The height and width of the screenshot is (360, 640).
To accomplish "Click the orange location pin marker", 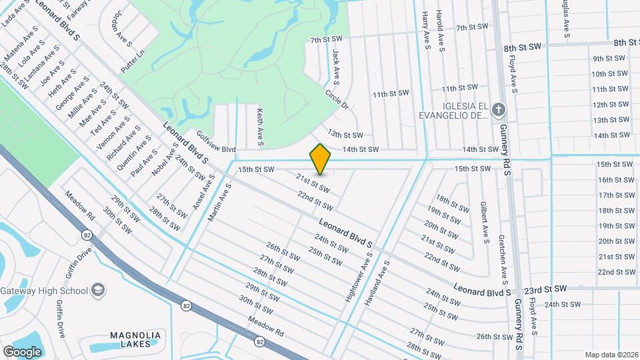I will point(320,159).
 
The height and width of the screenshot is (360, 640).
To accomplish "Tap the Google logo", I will point(22,351).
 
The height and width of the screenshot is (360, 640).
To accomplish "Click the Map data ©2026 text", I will point(611,355).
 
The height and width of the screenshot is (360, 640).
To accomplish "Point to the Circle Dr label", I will point(337,99).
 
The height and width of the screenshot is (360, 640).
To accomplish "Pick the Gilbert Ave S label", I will point(485,221).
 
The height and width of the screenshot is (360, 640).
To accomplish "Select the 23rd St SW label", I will point(545,289).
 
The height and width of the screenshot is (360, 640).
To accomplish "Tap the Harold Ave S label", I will point(440,29).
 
